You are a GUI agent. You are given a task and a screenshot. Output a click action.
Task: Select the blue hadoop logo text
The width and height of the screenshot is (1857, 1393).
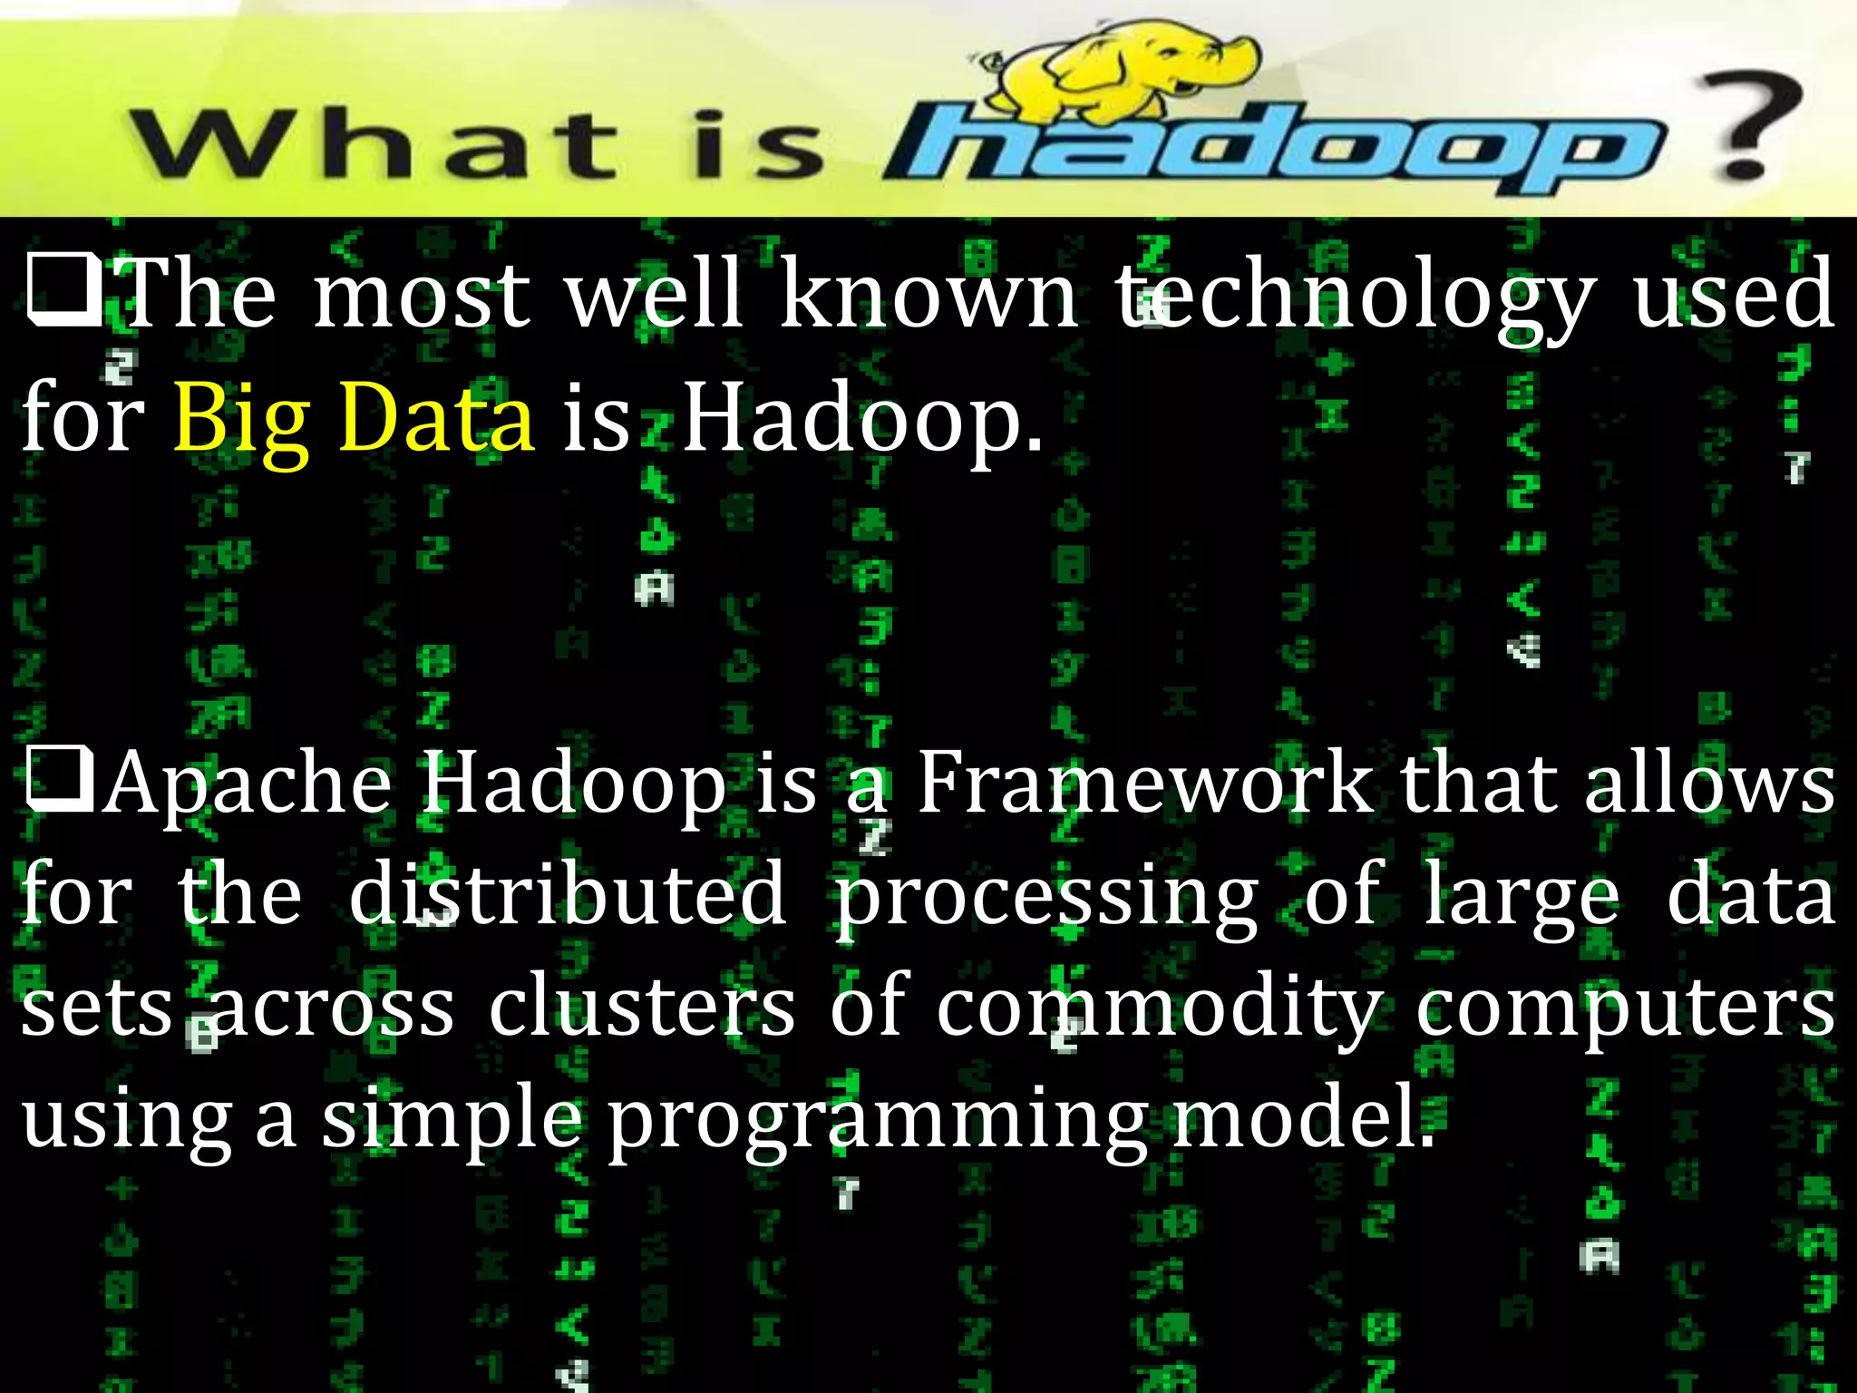click(1269, 150)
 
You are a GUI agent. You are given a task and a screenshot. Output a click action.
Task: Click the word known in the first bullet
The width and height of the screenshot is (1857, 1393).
click(929, 294)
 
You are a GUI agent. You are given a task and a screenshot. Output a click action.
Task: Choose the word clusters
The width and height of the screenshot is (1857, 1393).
click(642, 1007)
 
